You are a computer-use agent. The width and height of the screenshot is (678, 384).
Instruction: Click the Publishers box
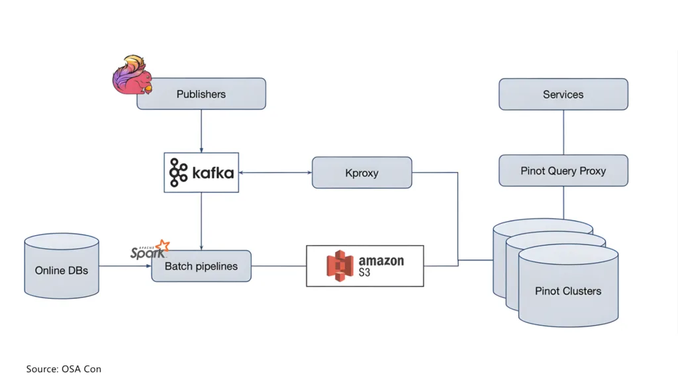[201, 94]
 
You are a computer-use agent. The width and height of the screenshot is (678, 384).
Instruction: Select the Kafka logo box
[201, 173]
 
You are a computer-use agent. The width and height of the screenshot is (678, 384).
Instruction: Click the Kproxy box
[362, 173]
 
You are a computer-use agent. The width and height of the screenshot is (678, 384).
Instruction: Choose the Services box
[563, 94]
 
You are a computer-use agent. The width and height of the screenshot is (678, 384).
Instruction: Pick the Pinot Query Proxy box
[563, 171]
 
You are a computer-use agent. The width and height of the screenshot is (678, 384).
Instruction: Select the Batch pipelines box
[201, 266]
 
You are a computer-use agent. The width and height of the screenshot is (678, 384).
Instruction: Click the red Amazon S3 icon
[340, 265]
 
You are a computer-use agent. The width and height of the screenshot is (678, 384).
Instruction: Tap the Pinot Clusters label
[568, 291]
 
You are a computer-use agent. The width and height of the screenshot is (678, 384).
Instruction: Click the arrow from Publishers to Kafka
[201, 131]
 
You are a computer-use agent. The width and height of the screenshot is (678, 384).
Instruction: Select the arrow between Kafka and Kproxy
[275, 173]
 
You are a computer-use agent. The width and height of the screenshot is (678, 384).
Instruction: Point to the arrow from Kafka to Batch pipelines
[201, 221]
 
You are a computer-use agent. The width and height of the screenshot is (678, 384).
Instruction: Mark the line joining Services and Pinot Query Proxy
[563, 132]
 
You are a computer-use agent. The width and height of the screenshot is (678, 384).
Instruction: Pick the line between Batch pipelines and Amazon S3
[278, 266]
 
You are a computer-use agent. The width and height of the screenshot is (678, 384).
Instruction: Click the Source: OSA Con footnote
[64, 369]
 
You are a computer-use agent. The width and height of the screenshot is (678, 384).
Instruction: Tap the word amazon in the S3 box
[381, 260]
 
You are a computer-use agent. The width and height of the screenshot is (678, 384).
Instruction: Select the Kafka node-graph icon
[179, 173]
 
